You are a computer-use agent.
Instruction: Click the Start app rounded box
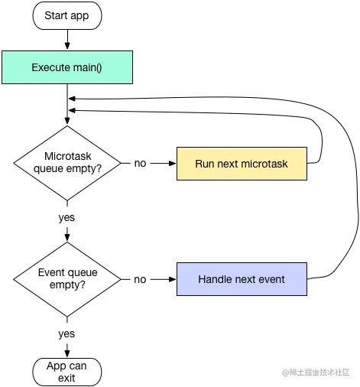pos(67,15)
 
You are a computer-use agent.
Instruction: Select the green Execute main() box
pos(67,67)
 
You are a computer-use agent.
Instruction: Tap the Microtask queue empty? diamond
pos(67,162)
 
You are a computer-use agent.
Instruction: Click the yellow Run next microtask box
pos(242,163)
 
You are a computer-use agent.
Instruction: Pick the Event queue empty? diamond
pos(67,279)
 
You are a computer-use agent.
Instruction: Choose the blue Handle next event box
pos(242,279)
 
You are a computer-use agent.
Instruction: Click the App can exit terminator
pos(67,372)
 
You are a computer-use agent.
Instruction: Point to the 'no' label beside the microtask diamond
pos(141,163)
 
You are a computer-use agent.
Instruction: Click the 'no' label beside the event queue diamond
pos(141,279)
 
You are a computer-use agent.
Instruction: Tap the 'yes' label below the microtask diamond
pos(67,217)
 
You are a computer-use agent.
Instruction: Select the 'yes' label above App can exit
pos(67,333)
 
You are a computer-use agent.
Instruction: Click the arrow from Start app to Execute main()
pos(67,38)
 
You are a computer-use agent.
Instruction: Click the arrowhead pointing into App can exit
pos(67,353)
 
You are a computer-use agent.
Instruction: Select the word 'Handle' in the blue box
pos(216,279)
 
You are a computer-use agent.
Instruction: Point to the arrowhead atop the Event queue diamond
pos(67,239)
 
